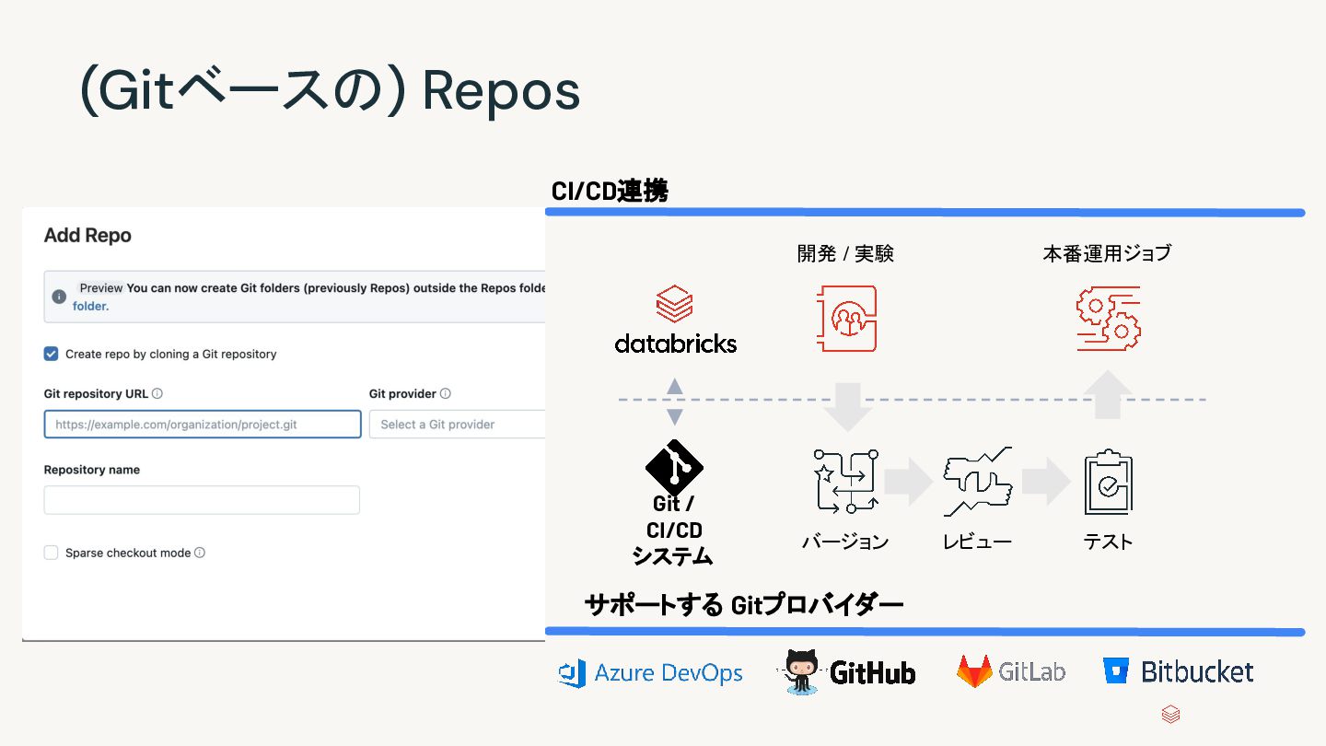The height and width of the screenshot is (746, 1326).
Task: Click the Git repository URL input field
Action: click(x=203, y=425)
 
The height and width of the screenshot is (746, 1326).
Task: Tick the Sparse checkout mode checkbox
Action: click(x=52, y=553)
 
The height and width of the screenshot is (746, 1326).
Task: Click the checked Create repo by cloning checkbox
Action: click(x=52, y=354)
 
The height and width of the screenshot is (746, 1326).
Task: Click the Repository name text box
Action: click(x=202, y=500)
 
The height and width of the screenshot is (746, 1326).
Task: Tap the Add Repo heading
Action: click(x=87, y=236)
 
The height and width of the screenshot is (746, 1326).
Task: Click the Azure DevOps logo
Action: click(x=573, y=673)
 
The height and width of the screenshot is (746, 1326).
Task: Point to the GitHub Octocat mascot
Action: click(x=800, y=671)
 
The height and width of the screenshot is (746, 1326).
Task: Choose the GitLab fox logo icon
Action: click(x=974, y=671)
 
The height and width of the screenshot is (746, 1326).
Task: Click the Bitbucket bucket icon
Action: click(x=1116, y=671)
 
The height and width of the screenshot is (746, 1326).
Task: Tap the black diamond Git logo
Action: click(x=674, y=468)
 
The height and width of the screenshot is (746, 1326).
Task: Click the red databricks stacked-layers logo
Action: click(x=674, y=304)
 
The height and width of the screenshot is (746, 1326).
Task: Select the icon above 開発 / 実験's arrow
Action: click(x=846, y=319)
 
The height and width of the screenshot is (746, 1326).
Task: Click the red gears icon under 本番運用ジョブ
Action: click(x=1109, y=319)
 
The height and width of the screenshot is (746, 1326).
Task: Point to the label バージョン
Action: click(x=845, y=542)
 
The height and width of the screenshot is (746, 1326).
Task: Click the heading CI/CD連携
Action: click(x=610, y=192)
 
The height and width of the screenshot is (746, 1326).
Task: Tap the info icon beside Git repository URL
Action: click(x=157, y=393)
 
